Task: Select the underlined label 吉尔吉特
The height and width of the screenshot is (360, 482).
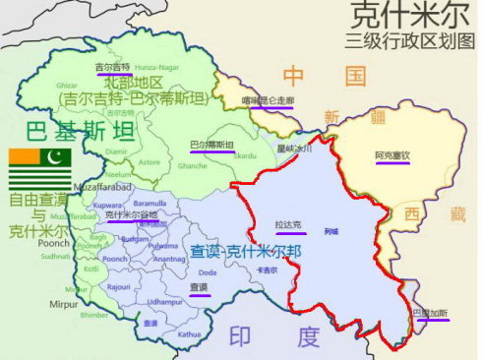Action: (x=112, y=67)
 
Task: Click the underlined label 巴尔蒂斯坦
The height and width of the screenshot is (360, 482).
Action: (x=211, y=146)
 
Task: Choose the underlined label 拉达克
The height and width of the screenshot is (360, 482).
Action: (x=275, y=226)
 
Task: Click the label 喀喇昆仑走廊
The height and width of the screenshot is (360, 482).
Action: (x=267, y=100)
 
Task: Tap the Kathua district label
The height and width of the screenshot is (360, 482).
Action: (x=188, y=333)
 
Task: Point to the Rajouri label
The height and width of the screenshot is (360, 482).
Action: (x=120, y=286)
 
